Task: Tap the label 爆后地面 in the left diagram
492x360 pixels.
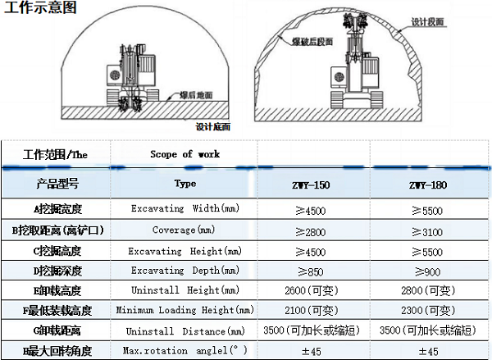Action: pyautogui.click(x=196, y=95)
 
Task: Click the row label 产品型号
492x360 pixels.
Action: pyautogui.click(x=55, y=183)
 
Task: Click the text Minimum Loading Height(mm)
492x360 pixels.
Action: pyautogui.click(x=185, y=311)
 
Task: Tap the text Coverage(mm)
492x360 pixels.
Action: pyautogui.click(x=184, y=230)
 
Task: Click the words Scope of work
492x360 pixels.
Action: pyautogui.click(x=184, y=154)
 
